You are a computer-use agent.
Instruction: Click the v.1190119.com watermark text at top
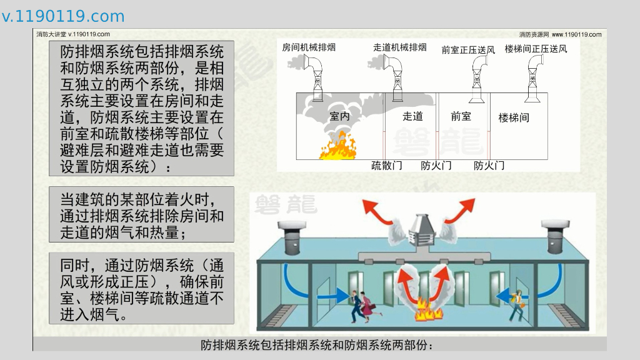(x=63, y=16)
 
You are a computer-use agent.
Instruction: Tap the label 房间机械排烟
(x=309, y=47)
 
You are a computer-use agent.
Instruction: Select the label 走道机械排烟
(x=399, y=47)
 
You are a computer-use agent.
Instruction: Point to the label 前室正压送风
(x=467, y=49)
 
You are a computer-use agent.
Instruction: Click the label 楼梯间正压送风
(x=536, y=48)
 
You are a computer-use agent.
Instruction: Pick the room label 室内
(x=340, y=116)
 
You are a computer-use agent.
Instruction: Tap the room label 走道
(x=412, y=116)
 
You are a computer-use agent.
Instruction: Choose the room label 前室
(x=461, y=116)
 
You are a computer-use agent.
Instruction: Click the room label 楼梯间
(x=514, y=117)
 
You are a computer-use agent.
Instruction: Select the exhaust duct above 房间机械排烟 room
(x=315, y=75)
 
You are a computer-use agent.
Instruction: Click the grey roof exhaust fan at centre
(x=424, y=231)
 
